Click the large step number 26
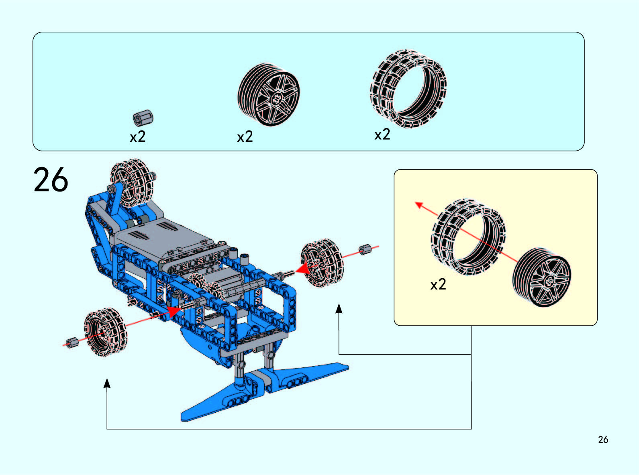(51, 180)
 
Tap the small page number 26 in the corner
(603, 440)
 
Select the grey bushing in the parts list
(143, 118)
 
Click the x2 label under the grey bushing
(138, 137)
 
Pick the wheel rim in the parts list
(269, 94)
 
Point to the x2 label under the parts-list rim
(245, 137)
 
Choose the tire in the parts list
(408, 89)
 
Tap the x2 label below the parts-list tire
(382, 135)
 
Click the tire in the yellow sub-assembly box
(468, 237)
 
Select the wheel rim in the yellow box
(542, 277)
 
